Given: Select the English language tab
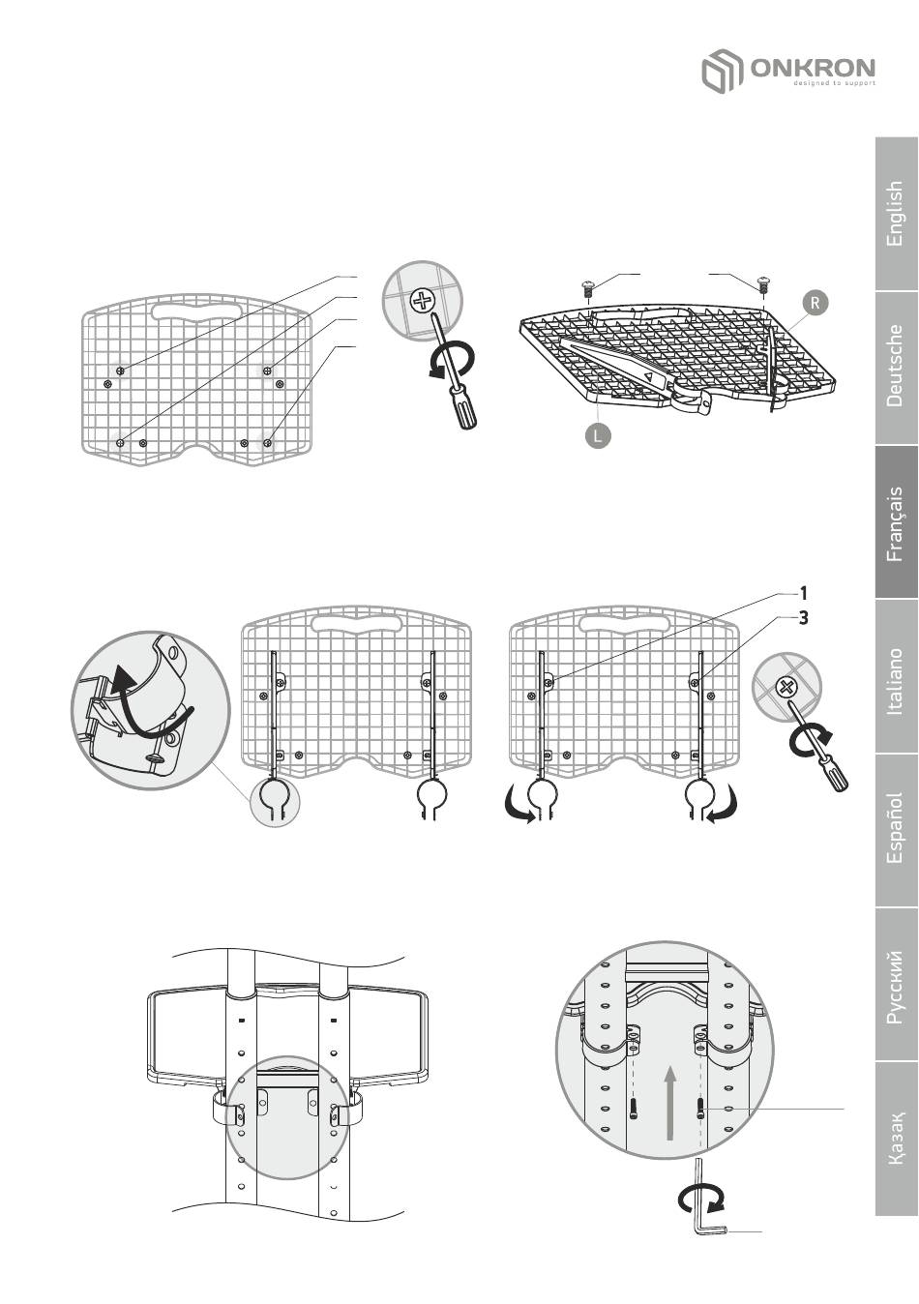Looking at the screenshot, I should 897,214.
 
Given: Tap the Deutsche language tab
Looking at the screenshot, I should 897,367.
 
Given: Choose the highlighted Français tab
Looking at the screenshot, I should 897,521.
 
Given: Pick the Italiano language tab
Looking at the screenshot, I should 897,676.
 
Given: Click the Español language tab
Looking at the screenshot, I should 897,829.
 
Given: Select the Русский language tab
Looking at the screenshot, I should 897,984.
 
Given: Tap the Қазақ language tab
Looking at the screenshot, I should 897,1138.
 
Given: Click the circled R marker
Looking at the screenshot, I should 815,303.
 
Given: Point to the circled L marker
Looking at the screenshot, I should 598,435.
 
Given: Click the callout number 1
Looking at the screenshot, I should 803,593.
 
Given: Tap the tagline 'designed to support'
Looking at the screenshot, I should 834,83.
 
